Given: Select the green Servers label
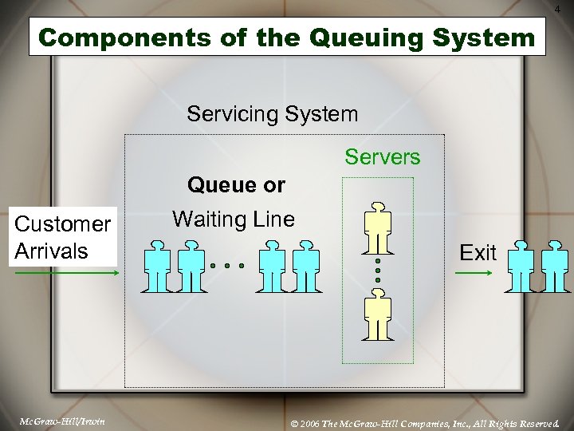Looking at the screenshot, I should pos(382,157).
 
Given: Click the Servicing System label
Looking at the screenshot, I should pos(273,114).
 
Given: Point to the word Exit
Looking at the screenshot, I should pos(478,254).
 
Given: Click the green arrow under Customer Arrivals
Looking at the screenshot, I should pos(66,273).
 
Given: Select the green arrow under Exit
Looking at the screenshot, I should pos(474,273).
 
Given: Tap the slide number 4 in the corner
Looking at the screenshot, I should pos(565,8).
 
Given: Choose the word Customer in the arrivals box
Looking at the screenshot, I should pos(63,225).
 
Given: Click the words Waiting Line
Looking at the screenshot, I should pos(234,219).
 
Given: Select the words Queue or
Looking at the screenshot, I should pos(236,186).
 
